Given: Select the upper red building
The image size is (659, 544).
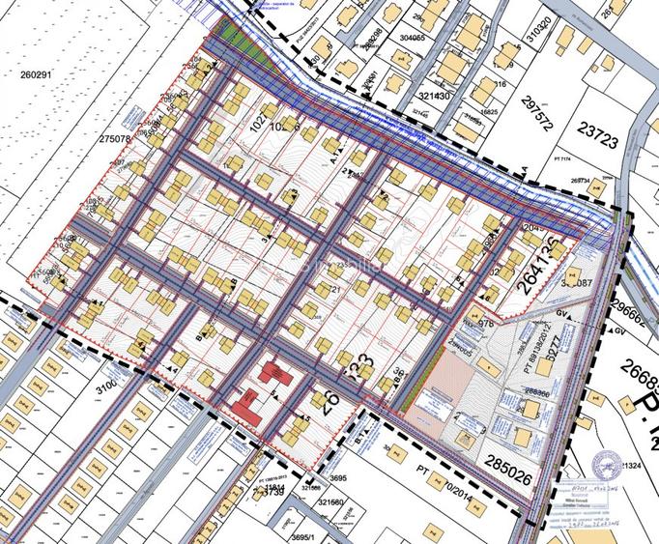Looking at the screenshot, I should (x=275, y=373).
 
